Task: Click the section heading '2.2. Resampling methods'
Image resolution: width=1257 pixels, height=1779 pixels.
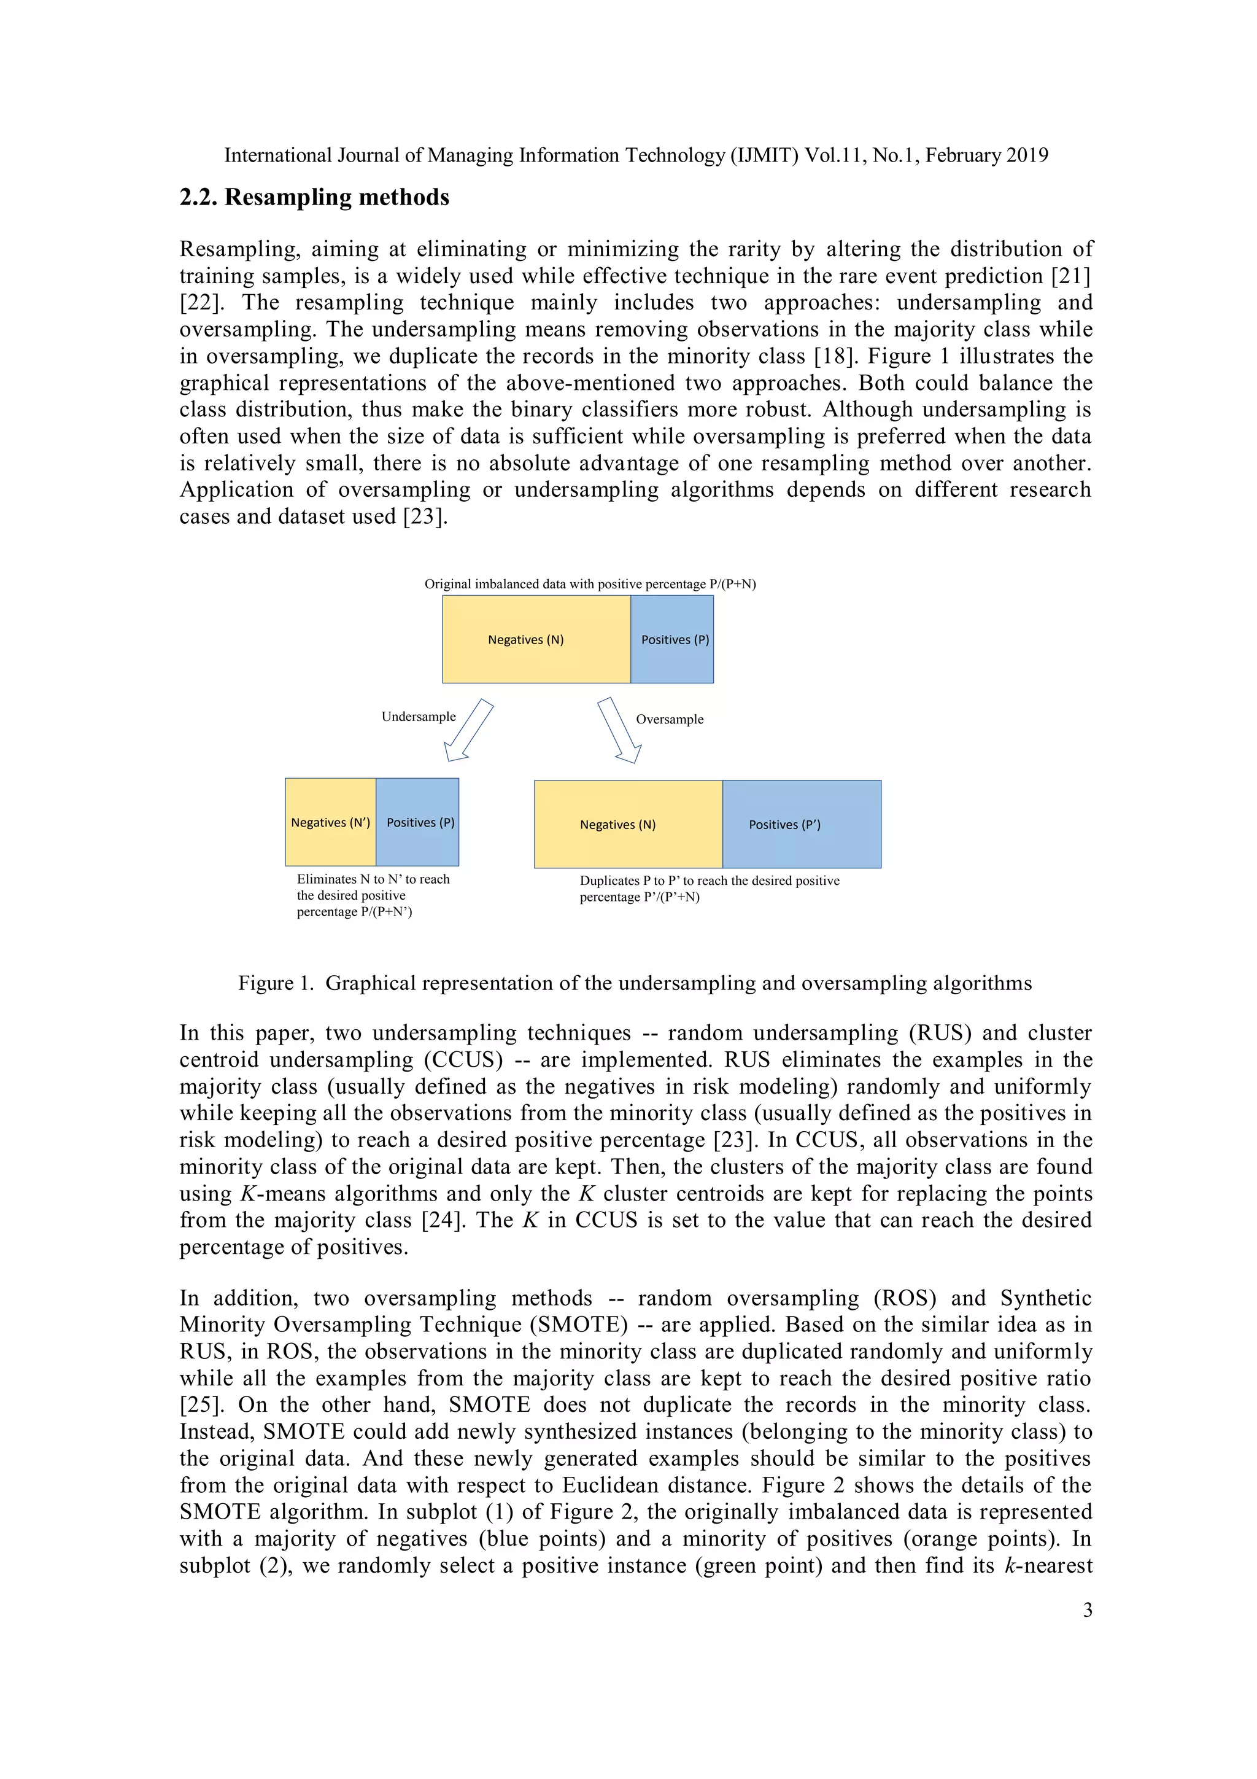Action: point(314,198)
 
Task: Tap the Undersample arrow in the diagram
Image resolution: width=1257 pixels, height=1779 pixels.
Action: point(468,730)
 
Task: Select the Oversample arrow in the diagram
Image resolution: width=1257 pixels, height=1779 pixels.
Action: point(619,730)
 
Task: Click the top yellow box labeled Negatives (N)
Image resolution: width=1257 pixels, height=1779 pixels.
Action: point(536,639)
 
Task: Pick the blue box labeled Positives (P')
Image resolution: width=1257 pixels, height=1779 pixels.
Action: point(802,825)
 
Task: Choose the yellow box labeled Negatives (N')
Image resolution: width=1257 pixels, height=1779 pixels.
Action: point(330,822)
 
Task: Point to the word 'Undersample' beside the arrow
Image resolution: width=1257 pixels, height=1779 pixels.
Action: point(418,717)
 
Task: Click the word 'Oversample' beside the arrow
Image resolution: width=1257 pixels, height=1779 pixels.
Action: point(669,719)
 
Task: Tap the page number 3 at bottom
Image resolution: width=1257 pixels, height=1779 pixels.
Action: point(1088,1610)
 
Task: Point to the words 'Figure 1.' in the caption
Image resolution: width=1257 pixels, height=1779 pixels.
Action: point(276,983)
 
